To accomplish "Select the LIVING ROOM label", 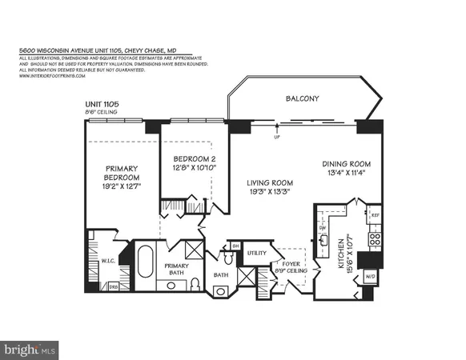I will pos(270,182).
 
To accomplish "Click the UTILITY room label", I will pos(256,253).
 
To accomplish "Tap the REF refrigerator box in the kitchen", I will pos(374,215).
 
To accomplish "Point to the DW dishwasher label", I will pos(322,227).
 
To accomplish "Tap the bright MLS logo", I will pos(30,349).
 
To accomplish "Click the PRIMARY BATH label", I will pos(175,270).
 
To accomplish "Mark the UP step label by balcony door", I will pos(277,137).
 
